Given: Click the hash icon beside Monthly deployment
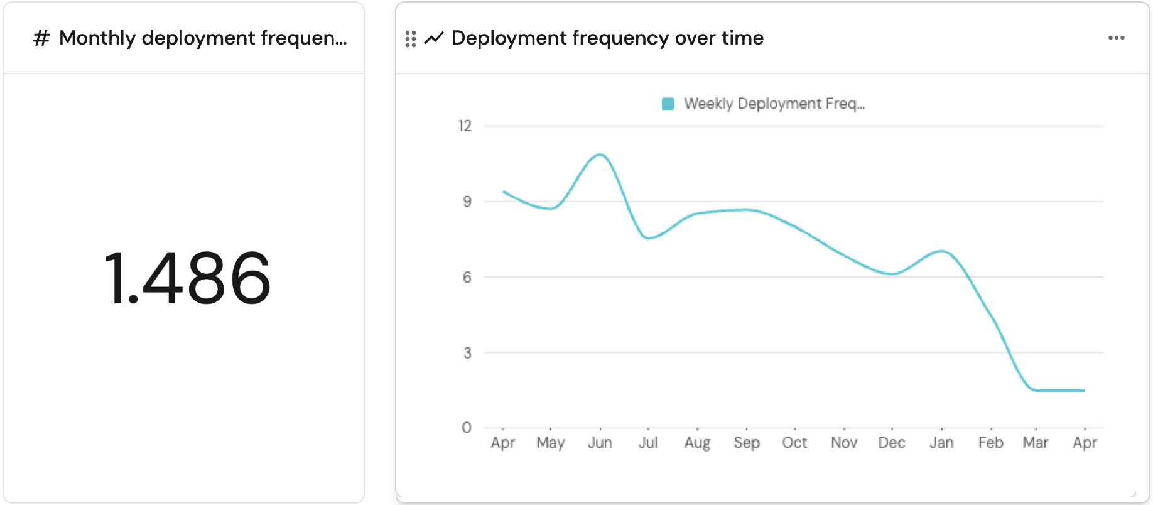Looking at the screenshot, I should [41, 38].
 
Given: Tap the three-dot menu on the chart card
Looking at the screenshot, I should [1116, 38].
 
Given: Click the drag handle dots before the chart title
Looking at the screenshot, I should [411, 39].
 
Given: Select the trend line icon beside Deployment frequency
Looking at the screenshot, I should [434, 38].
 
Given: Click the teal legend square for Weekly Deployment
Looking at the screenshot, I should [668, 104].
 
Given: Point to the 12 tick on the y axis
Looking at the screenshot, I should [465, 126].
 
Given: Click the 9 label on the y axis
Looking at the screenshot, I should [467, 202].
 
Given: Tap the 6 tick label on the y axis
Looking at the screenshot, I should [467, 277].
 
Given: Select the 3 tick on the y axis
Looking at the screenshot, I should [467, 353].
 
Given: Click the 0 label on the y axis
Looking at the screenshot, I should [467, 428].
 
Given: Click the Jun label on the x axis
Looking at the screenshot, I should [600, 443].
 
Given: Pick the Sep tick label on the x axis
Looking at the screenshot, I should [747, 443].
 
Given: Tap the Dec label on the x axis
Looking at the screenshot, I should [891, 443].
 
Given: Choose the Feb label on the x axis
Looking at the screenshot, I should [990, 443].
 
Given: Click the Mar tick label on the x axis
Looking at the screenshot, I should [1036, 443].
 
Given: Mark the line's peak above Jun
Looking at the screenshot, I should [601, 155].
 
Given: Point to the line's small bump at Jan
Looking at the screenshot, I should [941, 251].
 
